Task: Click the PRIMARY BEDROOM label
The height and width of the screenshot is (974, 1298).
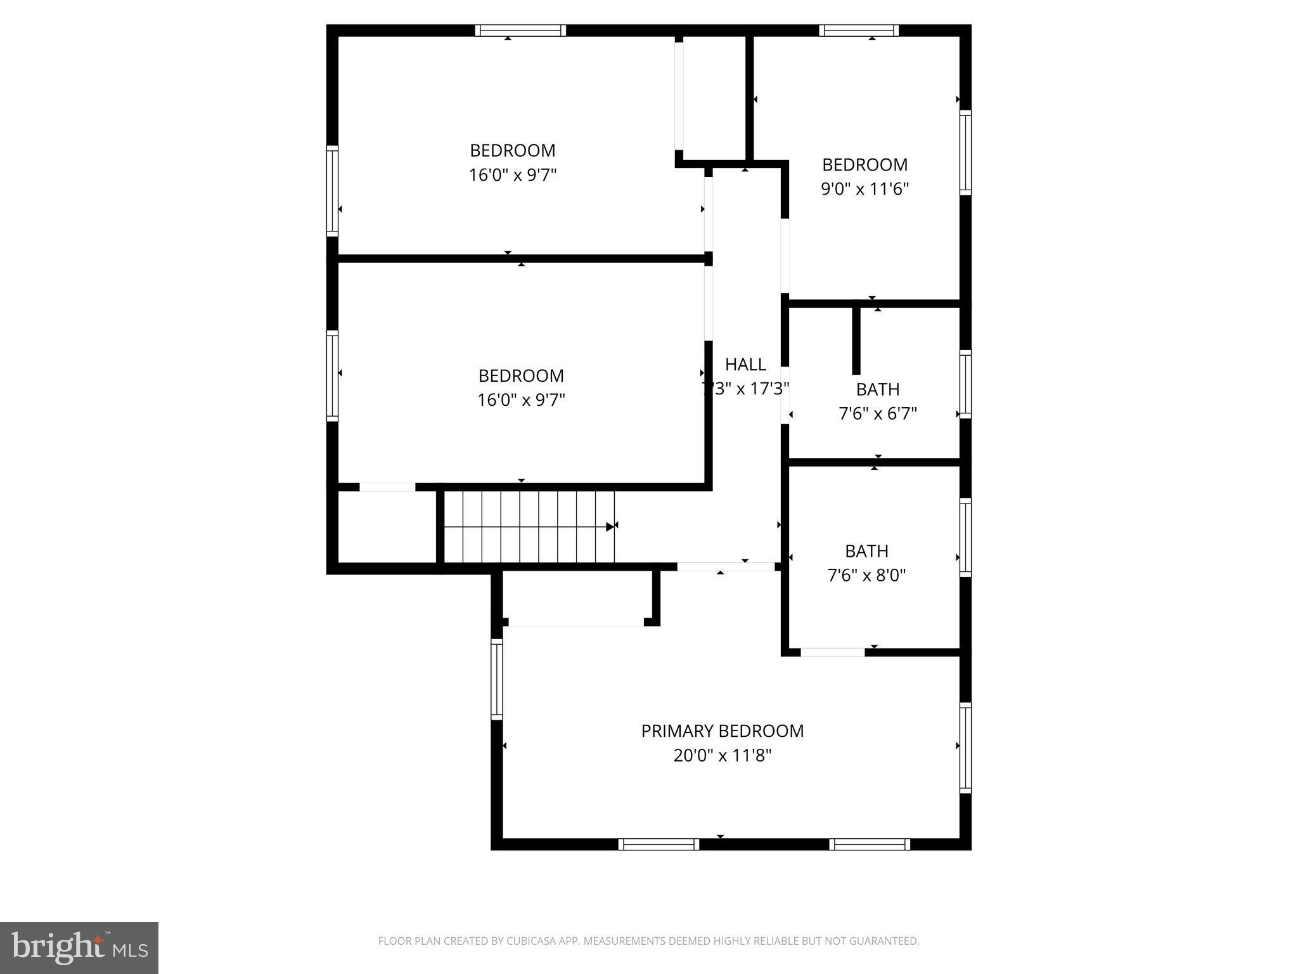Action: tap(722, 731)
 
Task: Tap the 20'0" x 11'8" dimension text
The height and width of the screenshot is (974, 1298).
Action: tap(722, 756)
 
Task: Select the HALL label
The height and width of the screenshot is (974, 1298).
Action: tap(745, 365)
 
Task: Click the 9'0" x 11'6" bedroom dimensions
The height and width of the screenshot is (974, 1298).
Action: tap(864, 189)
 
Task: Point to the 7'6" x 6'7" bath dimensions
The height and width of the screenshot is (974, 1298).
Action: tap(877, 414)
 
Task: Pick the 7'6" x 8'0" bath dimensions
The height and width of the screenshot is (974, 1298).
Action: tap(866, 576)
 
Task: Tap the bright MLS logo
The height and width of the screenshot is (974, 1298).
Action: tap(79, 947)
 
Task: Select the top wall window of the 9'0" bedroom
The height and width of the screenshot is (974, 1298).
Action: tap(859, 30)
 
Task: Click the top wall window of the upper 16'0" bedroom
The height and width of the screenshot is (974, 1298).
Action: tap(520, 30)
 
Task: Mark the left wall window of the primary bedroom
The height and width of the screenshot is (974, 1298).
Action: tap(497, 679)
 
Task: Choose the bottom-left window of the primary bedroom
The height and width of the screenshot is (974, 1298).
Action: tap(659, 844)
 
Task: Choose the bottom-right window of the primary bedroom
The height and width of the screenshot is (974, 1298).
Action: tap(869, 844)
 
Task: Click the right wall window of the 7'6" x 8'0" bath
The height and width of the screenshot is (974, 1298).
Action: tap(965, 537)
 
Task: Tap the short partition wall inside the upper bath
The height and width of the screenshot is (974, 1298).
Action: tap(856, 341)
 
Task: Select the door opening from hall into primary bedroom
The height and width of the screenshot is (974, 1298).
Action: tap(726, 567)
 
